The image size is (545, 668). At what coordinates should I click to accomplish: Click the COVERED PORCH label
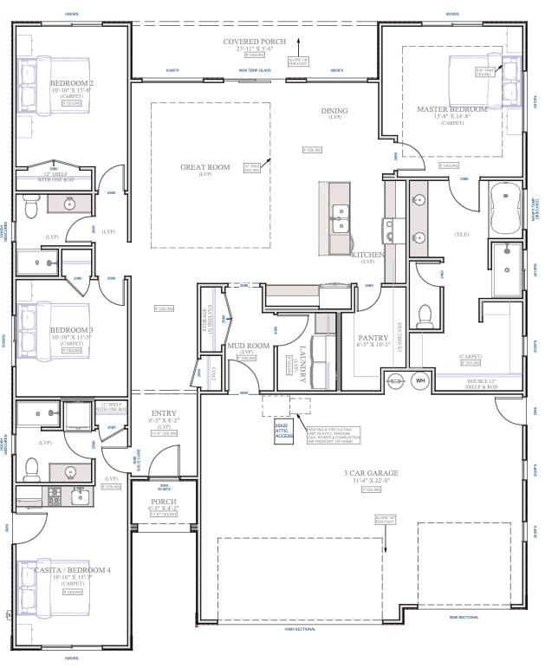coord(255,41)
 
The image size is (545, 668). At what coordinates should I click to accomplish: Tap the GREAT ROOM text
coord(205,166)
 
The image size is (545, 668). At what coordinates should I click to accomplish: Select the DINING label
coord(334,111)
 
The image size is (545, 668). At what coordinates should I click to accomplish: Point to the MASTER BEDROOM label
coord(451,110)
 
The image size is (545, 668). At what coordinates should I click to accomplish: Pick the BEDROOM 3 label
coord(71,330)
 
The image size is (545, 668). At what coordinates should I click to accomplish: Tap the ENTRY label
coord(164,413)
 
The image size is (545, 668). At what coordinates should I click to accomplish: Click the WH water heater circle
coord(421,380)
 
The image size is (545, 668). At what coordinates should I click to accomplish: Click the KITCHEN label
coord(367,256)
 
